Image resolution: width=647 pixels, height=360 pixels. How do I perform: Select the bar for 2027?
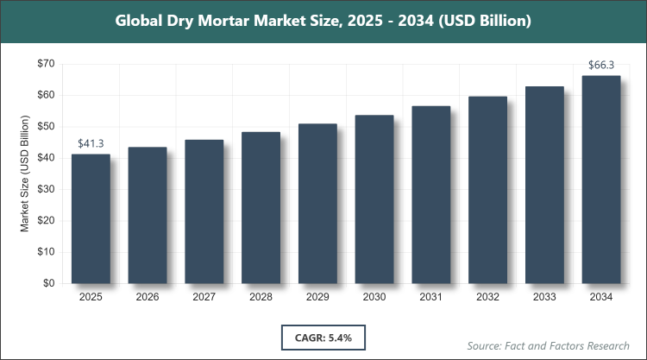[x=204, y=212]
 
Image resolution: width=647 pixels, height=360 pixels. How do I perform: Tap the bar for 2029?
[x=317, y=204]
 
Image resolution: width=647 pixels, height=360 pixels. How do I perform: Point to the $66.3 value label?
[x=601, y=65]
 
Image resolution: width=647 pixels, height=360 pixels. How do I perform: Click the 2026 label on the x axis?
[x=148, y=297]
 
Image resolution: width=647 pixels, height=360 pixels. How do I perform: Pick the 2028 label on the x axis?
[x=261, y=297]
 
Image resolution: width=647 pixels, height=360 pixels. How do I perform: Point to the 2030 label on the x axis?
[x=374, y=297]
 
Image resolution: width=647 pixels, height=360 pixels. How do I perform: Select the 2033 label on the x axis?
[x=544, y=297]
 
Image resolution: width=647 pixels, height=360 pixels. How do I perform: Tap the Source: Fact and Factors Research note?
[x=546, y=345]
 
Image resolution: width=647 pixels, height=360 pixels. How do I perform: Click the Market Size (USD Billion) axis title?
[x=26, y=174]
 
